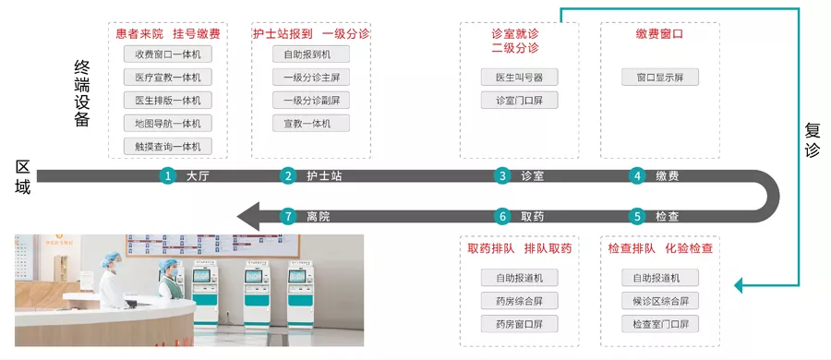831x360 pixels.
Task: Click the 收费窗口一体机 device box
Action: [167, 54]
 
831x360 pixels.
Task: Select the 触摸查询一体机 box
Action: [167, 146]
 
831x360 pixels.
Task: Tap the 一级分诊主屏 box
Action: [311, 78]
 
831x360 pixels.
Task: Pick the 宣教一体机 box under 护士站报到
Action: [311, 123]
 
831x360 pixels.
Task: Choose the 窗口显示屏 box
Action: [660, 77]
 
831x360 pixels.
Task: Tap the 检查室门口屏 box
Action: [660, 323]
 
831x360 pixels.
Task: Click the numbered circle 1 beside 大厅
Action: [168, 176]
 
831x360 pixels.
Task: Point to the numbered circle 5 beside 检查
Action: [637, 216]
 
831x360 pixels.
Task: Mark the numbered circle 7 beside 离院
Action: [288, 216]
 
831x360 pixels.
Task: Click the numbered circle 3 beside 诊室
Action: [502, 176]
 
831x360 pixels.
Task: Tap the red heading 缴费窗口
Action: [660, 34]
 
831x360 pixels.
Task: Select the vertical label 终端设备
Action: [82, 94]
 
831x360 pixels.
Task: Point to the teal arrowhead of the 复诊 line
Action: [739, 286]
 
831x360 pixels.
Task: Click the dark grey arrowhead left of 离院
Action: [248, 216]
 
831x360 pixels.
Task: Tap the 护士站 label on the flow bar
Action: [324, 176]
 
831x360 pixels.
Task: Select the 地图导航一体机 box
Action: [167, 123]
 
